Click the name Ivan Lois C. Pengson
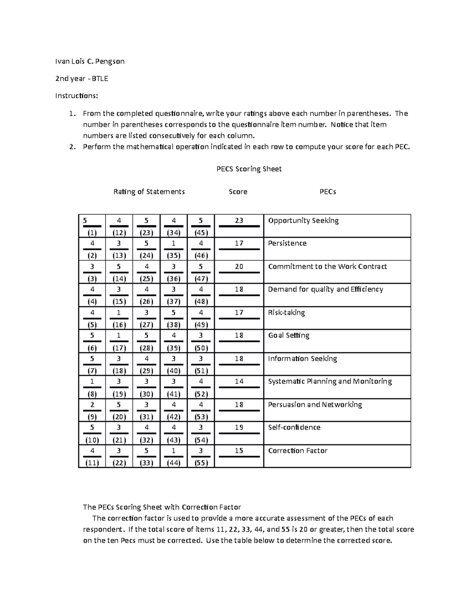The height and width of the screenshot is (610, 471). click(90, 61)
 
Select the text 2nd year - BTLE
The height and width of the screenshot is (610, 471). click(82, 79)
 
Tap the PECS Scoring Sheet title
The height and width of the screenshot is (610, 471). click(249, 169)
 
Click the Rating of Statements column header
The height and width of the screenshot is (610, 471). click(149, 192)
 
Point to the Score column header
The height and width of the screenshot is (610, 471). click(238, 192)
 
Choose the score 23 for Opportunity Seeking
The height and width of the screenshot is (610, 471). click(239, 221)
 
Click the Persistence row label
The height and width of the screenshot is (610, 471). click(287, 244)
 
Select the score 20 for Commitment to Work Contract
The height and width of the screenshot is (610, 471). click(239, 267)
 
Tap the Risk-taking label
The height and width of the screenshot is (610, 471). click(286, 313)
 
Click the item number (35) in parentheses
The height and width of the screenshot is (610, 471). click(173, 256)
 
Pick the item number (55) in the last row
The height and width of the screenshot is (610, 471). click(201, 463)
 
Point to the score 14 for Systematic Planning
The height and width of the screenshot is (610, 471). click(239, 381)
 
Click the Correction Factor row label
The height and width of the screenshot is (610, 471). click(298, 451)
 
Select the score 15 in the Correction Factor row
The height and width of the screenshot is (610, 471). click(239, 451)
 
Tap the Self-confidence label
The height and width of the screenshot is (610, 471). click(294, 427)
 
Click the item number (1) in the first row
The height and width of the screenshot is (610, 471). click(92, 233)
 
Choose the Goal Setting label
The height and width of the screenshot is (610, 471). click(288, 335)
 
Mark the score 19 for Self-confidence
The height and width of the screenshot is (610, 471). click(239, 427)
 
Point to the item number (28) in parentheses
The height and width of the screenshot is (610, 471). click(146, 348)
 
